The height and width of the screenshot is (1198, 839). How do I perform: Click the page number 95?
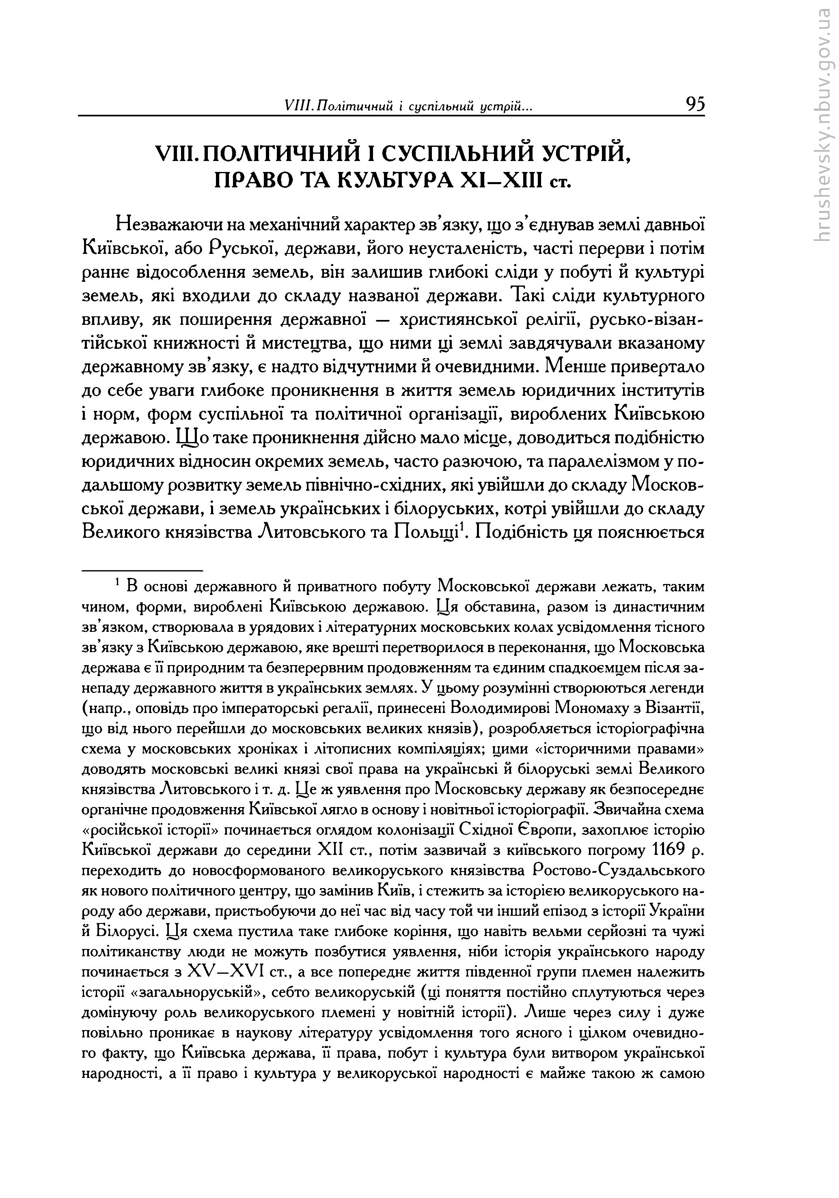[x=695, y=105]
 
